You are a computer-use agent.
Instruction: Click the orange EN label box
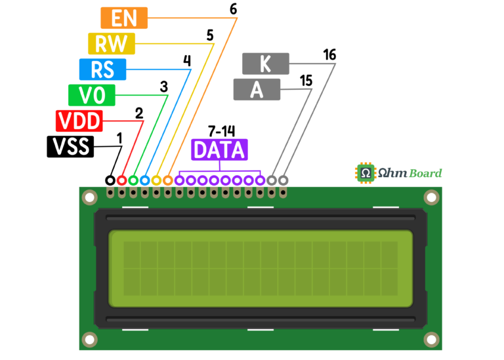click(124, 18)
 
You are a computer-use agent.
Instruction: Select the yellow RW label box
click(112, 44)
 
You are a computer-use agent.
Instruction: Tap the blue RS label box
click(102, 70)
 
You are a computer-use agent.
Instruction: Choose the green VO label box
click(92, 95)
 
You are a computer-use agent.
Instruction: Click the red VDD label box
click(79, 121)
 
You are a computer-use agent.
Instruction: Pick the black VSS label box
click(70, 147)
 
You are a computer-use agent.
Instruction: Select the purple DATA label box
click(220, 150)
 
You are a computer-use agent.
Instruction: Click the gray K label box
click(266, 64)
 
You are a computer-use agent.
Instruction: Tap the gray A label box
click(257, 90)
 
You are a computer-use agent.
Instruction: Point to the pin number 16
click(330, 55)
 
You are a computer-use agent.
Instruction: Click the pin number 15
click(306, 81)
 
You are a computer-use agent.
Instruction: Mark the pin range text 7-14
click(221, 131)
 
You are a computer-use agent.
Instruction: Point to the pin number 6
click(234, 9)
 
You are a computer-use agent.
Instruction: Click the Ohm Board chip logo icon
click(366, 173)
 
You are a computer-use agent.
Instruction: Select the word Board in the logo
click(426, 173)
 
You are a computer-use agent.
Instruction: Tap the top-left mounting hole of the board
click(90, 197)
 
